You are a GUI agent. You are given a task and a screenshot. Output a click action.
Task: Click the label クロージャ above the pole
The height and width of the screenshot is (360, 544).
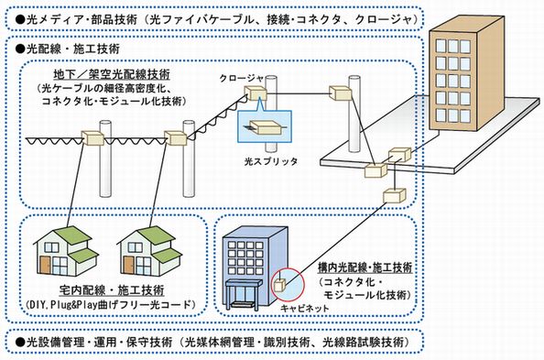(240, 79)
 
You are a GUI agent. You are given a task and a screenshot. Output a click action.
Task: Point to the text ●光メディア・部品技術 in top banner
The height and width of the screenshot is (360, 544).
(71, 16)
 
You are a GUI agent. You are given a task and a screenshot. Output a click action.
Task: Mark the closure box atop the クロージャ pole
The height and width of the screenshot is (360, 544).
(257, 93)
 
